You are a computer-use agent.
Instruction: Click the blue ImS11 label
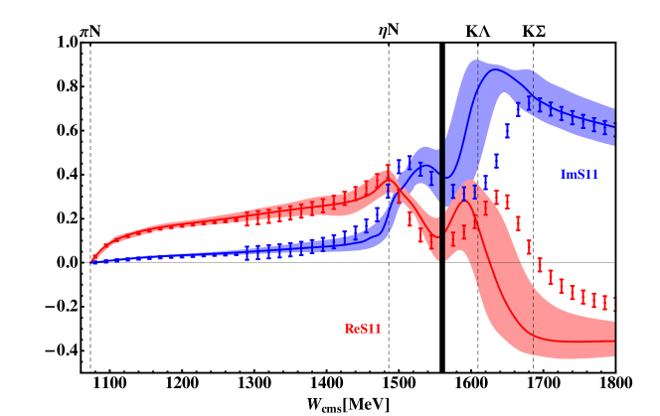[x=579, y=175]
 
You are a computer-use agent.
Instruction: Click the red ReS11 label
[x=363, y=329]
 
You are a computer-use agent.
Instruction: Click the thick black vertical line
[x=441, y=199]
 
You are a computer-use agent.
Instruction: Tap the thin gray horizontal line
[x=497, y=262]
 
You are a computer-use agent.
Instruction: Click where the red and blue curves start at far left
[x=93, y=261]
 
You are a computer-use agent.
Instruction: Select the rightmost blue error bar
[x=615, y=128]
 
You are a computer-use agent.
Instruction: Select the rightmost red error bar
[x=615, y=304]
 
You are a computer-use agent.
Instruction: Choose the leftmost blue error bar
[x=247, y=254]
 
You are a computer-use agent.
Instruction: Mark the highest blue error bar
[x=529, y=102]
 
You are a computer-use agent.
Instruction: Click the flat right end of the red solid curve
[x=596, y=342]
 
